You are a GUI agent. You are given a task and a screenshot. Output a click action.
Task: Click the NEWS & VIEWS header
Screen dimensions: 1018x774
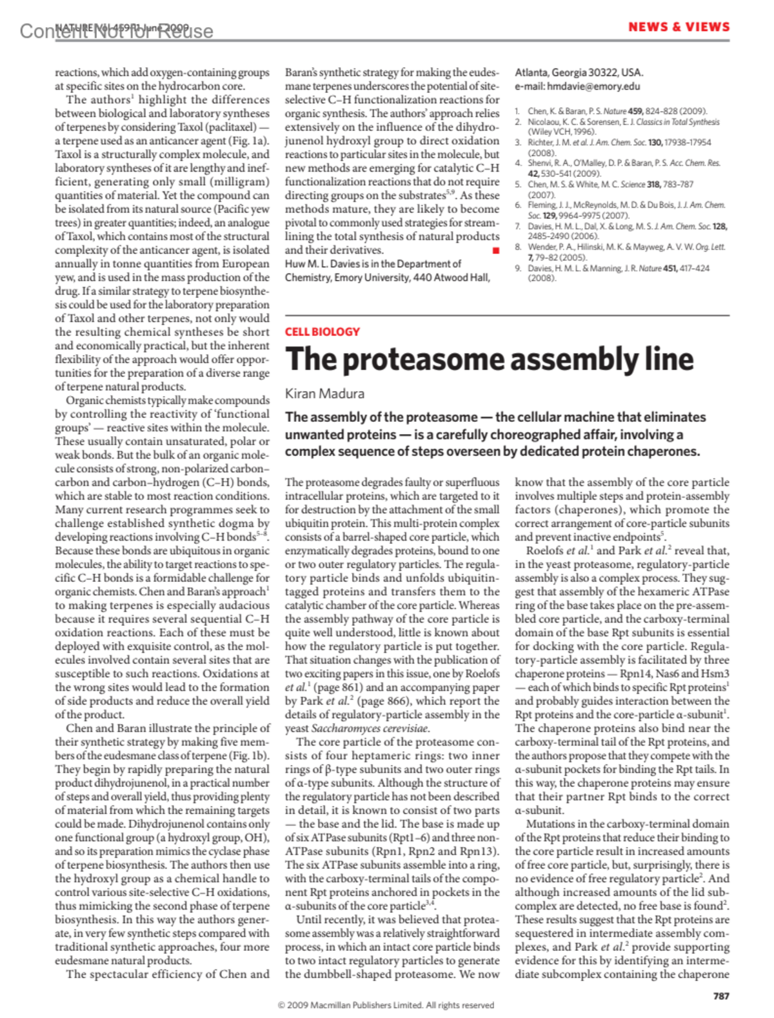[679, 27]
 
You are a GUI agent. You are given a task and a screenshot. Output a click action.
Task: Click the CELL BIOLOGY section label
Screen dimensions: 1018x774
[322, 332]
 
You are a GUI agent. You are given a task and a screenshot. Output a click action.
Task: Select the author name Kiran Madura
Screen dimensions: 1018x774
[324, 394]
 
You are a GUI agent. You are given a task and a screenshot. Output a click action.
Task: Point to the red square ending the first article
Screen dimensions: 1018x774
[495, 250]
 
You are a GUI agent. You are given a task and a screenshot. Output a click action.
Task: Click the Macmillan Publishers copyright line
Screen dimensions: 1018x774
[386, 1005]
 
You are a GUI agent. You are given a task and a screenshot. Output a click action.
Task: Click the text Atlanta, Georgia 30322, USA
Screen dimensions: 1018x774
[579, 72]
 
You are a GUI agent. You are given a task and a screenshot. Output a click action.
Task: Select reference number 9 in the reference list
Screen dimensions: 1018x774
[518, 268]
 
